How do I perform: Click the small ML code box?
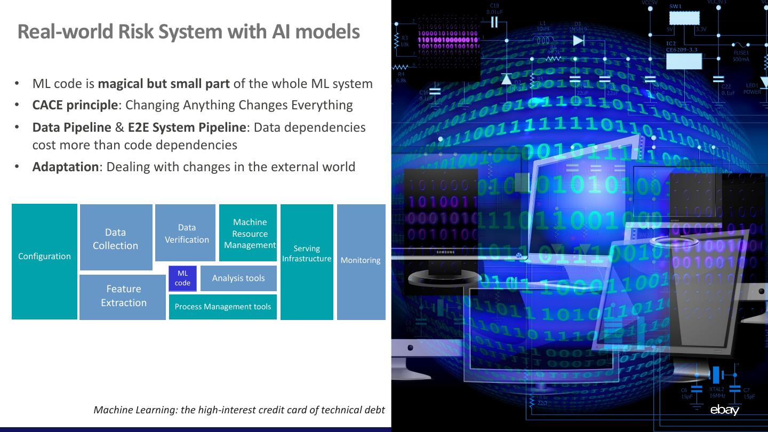pos(182,278)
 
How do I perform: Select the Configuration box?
pos(44,261)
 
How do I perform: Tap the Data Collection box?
pos(116,238)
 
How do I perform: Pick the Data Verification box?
pos(186,233)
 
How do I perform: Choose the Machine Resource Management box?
pos(248,233)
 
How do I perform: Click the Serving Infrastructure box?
pos(307,261)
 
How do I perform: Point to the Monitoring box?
pos(361,261)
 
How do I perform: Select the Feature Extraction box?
pos(123,297)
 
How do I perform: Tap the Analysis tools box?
pos(238,278)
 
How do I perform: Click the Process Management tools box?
pos(223,307)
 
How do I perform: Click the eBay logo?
pos(724,410)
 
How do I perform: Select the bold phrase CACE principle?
pos(75,105)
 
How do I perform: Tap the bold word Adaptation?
pos(66,167)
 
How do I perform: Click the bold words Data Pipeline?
pos(71,127)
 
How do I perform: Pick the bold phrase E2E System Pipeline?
pos(187,127)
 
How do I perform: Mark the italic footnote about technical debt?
pos(239,410)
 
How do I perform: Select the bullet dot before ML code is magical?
pos(17,84)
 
